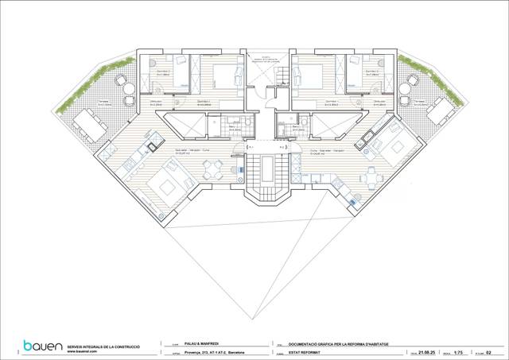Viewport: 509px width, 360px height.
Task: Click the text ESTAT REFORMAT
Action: point(305,351)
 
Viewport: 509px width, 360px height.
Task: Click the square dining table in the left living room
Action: point(211,168)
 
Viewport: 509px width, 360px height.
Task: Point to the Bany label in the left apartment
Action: point(233,128)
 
